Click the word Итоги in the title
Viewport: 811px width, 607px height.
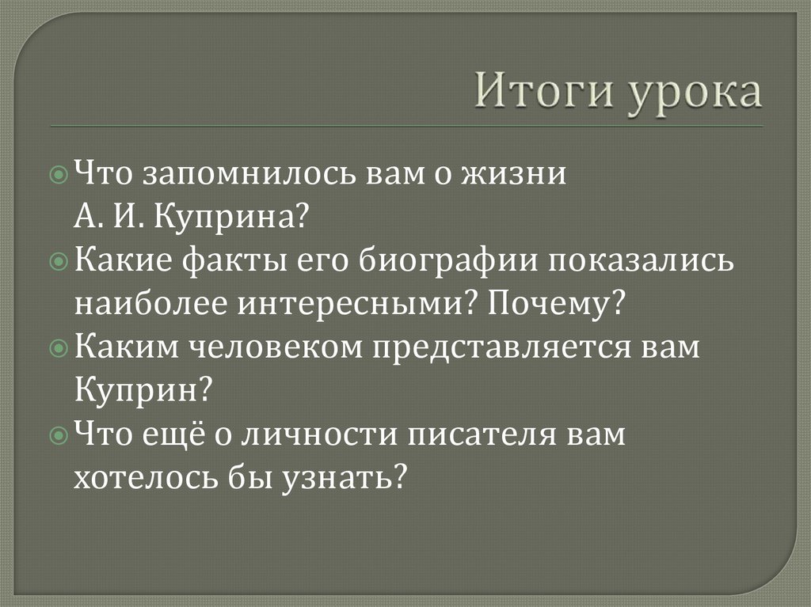coord(545,93)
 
